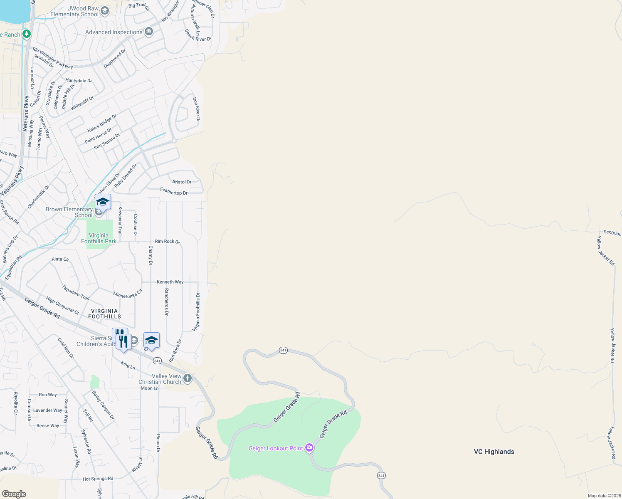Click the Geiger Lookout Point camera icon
[309, 448]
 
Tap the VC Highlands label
[494, 452]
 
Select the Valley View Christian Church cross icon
[188, 378]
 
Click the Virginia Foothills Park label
[99, 238]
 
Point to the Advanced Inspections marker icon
[149, 32]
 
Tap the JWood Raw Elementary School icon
[105, 11]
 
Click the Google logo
[14, 494]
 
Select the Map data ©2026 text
[603, 496]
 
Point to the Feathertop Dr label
[174, 191]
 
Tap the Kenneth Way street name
[170, 282]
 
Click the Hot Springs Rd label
[98, 479]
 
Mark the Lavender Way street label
[47, 410]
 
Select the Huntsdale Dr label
[78, 81]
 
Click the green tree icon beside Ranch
[27, 34]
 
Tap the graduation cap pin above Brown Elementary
[103, 202]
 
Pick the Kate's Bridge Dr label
[102, 124]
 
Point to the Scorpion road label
[612, 233]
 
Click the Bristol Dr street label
[182, 182]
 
